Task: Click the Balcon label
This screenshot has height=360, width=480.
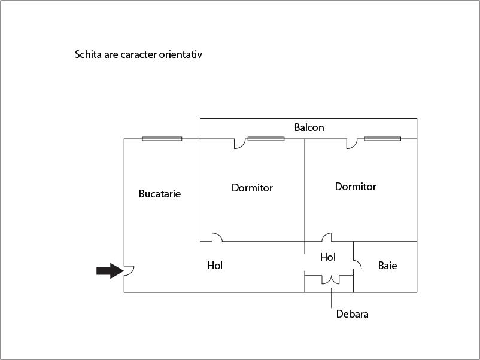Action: pyautogui.click(x=309, y=127)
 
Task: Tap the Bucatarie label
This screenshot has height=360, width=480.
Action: pyautogui.click(x=159, y=194)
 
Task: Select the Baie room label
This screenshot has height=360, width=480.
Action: pyautogui.click(x=388, y=266)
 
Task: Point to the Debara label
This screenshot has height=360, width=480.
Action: pyautogui.click(x=352, y=314)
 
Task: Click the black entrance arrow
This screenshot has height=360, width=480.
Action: pyautogui.click(x=110, y=271)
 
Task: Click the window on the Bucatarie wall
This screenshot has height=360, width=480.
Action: pyautogui.click(x=162, y=139)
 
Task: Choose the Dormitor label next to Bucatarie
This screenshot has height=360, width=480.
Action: pyautogui.click(x=252, y=188)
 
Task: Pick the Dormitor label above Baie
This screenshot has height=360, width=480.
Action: pyautogui.click(x=356, y=187)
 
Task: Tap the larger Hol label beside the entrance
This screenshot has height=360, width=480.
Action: pyautogui.click(x=215, y=266)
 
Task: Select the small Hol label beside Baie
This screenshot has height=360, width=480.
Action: pyautogui.click(x=328, y=257)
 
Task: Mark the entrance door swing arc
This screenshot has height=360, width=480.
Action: pyautogui.click(x=132, y=272)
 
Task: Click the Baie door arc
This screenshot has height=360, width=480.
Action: pyautogui.click(x=359, y=264)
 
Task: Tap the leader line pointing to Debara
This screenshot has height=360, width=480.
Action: pyautogui.click(x=331, y=298)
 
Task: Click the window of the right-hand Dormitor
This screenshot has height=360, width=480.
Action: pyautogui.click(x=382, y=139)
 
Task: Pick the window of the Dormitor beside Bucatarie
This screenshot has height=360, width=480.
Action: pyautogui.click(x=266, y=139)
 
